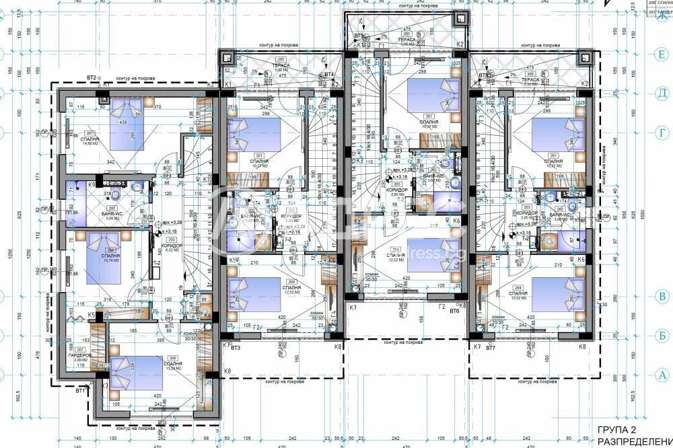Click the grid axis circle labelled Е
(x=662, y=58)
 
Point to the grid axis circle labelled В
(x=662, y=297)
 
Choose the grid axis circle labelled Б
(x=662, y=334)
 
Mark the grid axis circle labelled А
(x=662, y=375)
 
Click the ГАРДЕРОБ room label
(x=80, y=355)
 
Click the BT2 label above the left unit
(x=92, y=78)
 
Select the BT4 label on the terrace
(x=329, y=75)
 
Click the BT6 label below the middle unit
(x=454, y=311)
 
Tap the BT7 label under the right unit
(x=491, y=348)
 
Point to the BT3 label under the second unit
(x=236, y=348)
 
